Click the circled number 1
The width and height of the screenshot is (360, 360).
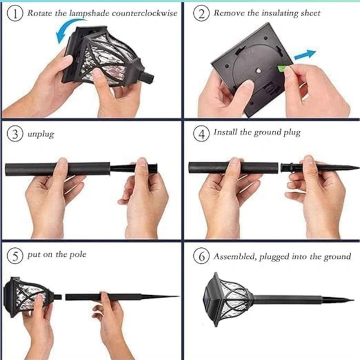(15, 14)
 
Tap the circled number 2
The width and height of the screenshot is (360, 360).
(201, 14)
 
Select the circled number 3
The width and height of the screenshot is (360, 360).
(15, 134)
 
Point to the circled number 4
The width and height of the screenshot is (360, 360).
(201, 133)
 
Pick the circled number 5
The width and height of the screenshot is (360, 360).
(15, 256)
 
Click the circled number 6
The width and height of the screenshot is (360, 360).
(201, 256)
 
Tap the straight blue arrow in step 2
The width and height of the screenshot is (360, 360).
(305, 55)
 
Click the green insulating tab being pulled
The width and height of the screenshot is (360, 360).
(282, 68)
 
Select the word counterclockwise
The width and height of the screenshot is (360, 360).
(145, 13)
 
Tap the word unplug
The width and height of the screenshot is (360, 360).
(41, 134)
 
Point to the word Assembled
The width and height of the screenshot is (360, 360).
(235, 256)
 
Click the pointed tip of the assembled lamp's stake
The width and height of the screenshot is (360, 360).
(354, 300)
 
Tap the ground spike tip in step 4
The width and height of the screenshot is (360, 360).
(358, 168)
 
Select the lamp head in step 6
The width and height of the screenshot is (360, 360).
(229, 299)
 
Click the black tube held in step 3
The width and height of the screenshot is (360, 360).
(58, 169)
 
